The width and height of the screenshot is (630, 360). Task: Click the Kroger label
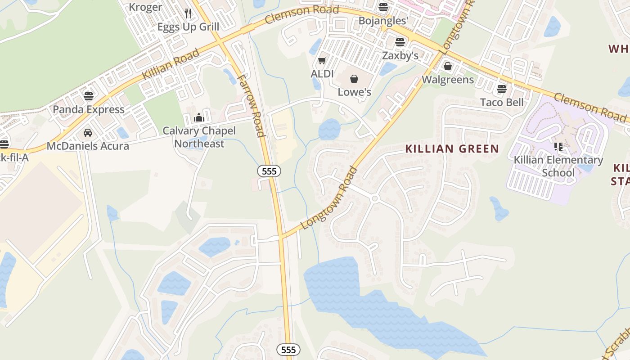(x=145, y=7)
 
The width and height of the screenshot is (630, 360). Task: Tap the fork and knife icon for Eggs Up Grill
(x=188, y=13)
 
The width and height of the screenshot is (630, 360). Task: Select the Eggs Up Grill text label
(x=188, y=27)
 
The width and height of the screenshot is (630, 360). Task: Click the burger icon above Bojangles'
(x=383, y=7)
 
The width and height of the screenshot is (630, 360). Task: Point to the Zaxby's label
(x=400, y=55)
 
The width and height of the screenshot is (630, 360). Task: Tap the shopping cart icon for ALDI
(x=322, y=60)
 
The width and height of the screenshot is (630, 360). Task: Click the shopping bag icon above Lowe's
(x=354, y=79)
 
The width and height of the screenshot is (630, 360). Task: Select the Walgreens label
(x=448, y=80)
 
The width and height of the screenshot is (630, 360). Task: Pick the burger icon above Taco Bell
(x=502, y=89)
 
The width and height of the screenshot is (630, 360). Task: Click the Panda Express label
(x=89, y=109)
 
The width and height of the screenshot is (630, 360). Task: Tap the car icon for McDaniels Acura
(x=88, y=133)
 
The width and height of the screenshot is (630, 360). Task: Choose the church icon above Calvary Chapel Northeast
(x=199, y=118)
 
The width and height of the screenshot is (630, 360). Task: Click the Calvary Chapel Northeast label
(x=199, y=137)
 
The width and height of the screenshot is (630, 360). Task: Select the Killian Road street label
(x=171, y=64)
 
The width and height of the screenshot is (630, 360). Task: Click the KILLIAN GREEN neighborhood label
(x=452, y=149)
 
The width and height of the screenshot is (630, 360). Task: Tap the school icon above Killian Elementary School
(x=558, y=147)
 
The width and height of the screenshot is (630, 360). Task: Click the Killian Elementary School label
(x=558, y=166)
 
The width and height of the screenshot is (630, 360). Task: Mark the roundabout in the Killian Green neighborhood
(x=374, y=198)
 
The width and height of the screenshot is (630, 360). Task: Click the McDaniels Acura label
(x=88, y=146)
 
